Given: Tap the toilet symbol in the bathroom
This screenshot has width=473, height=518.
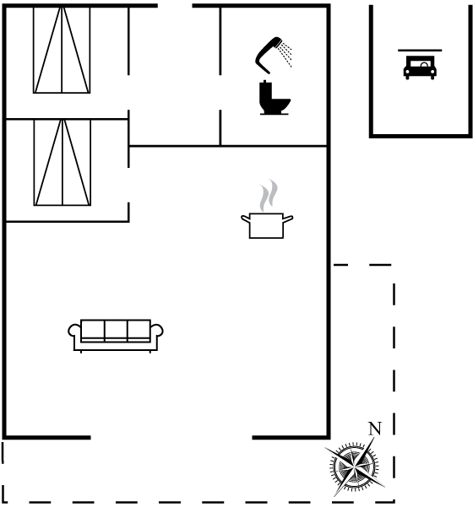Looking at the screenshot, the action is click(275, 98).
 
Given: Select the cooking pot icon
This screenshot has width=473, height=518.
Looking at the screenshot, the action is click(267, 225).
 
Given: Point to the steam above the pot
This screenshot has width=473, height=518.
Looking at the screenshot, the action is click(269, 195).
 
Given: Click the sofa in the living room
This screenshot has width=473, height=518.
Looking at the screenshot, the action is click(116, 335).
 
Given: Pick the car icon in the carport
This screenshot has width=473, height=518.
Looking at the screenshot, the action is click(420, 67).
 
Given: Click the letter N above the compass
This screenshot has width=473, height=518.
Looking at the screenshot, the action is click(375, 429).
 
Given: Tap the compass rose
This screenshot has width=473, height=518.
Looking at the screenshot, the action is click(355, 467).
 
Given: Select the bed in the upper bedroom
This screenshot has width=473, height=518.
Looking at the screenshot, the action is click(62, 51).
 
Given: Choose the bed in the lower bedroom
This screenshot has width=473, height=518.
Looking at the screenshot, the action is click(63, 163).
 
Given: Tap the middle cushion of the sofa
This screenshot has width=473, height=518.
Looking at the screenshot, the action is click(116, 330).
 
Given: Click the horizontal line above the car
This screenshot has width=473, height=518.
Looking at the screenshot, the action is click(420, 51).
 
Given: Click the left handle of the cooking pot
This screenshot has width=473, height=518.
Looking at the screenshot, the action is click(245, 219).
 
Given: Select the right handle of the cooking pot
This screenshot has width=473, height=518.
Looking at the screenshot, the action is click(288, 219).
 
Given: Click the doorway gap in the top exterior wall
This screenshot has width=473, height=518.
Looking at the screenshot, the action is click(175, 5).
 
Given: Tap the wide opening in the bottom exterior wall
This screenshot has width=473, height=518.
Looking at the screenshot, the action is click(171, 438).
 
